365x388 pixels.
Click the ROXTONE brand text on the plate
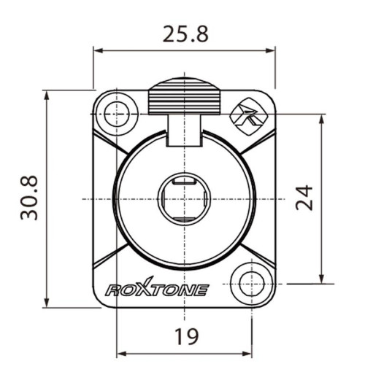point(157,290)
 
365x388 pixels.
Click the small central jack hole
point(183,198)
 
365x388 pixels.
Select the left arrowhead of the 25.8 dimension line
point(97,50)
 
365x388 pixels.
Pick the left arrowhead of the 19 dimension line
point(120,356)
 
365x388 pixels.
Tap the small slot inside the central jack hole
point(183,180)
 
